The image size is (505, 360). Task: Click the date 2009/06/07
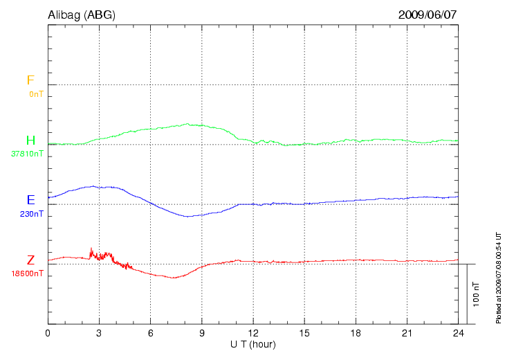(428, 15)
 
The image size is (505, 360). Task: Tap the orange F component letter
(30, 80)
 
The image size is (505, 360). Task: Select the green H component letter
(30, 141)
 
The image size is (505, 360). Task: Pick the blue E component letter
(30, 200)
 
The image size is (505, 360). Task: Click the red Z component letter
(30, 260)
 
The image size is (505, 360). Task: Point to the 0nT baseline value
(36, 93)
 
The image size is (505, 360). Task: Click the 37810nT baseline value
(27, 154)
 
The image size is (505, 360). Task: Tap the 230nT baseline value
(32, 214)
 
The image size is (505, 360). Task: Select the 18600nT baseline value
(27, 273)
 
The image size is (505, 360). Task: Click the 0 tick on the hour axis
(48, 333)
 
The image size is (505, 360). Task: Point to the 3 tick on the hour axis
(99, 333)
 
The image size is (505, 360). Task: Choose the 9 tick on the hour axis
(201, 333)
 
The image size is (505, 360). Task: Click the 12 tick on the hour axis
(253, 333)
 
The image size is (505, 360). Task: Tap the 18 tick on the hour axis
(356, 333)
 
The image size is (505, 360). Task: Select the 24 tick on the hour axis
(458, 333)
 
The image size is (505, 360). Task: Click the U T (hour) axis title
(253, 344)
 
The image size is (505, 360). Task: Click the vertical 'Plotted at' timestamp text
(498, 277)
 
